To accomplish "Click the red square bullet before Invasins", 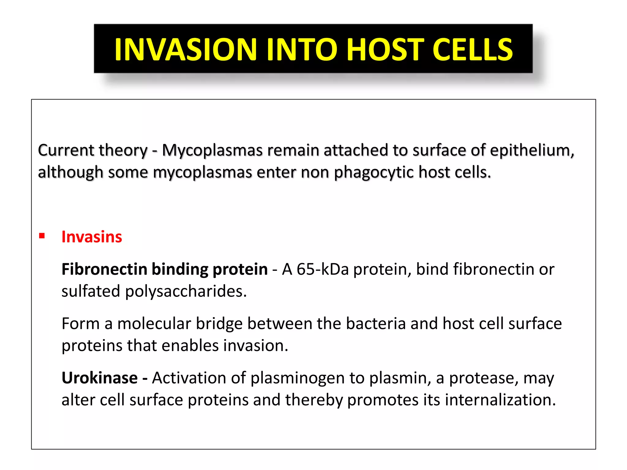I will click(x=42, y=236).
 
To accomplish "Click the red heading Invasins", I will click(x=92, y=237).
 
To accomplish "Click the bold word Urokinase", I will click(x=99, y=378).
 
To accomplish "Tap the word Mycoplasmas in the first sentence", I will click(x=212, y=151).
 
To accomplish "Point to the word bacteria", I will click(x=376, y=324).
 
